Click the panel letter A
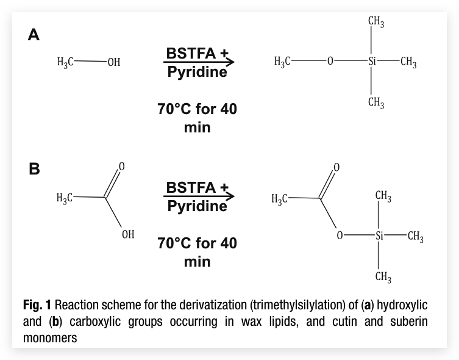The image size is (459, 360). (x=35, y=35)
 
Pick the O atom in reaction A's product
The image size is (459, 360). (x=330, y=61)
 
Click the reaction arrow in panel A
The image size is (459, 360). (x=198, y=62)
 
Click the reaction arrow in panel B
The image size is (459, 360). (x=198, y=197)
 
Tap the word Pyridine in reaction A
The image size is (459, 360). (x=197, y=73)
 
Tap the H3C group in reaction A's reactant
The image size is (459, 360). (x=65, y=62)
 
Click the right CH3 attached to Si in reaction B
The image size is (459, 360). (x=416, y=236)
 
